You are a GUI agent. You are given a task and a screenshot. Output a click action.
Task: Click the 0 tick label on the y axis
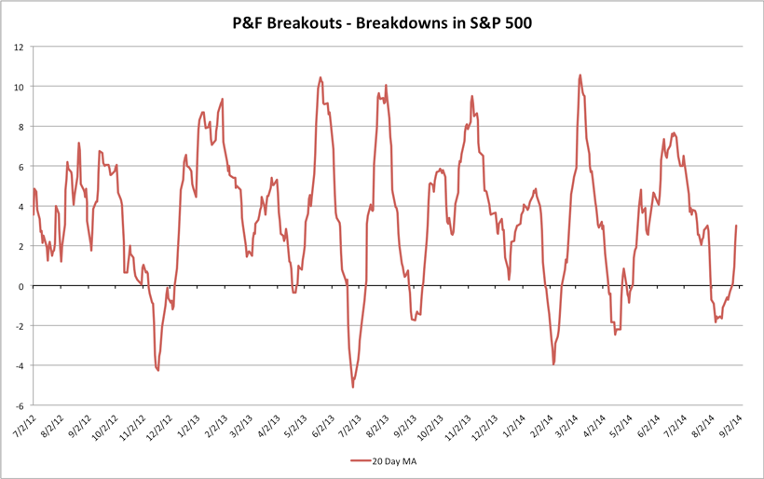click(x=22, y=286)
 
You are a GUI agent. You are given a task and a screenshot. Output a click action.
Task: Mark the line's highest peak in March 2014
click(x=580, y=75)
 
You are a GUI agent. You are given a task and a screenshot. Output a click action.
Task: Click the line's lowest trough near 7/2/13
click(x=353, y=387)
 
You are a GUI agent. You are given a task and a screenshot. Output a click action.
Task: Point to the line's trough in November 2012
click(x=158, y=370)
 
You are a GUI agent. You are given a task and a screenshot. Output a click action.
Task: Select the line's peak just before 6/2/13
click(x=321, y=78)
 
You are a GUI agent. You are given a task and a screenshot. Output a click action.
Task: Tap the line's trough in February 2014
click(x=553, y=363)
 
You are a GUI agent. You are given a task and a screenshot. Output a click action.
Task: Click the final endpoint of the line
click(x=736, y=226)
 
